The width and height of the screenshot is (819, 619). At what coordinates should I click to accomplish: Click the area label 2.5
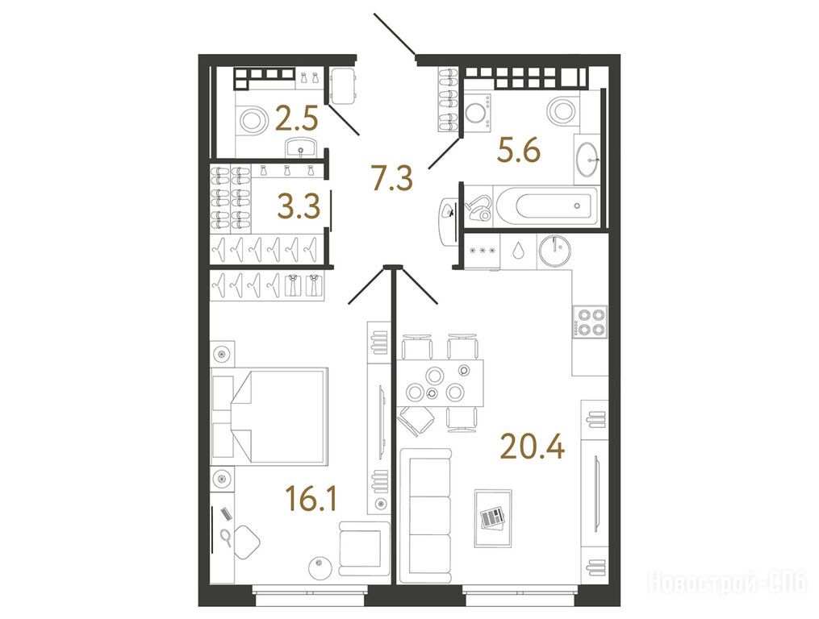pyautogui.click(x=296, y=121)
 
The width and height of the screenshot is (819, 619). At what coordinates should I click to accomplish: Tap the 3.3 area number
pyautogui.click(x=299, y=206)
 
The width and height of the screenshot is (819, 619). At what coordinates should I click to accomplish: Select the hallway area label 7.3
pyautogui.click(x=391, y=177)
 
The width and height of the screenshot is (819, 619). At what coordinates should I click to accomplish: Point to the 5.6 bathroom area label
pyautogui.click(x=519, y=152)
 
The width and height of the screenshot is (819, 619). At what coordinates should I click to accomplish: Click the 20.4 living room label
pyautogui.click(x=533, y=447)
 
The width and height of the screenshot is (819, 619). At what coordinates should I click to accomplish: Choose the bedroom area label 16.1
pyautogui.click(x=311, y=498)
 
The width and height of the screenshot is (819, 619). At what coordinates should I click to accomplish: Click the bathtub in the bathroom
pyautogui.click(x=545, y=206)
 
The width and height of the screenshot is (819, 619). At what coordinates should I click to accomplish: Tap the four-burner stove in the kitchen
pyautogui.click(x=590, y=322)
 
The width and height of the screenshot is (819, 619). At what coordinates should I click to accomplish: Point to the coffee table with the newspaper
pyautogui.click(x=492, y=518)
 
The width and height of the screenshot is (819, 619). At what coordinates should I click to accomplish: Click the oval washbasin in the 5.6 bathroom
pyautogui.click(x=587, y=158)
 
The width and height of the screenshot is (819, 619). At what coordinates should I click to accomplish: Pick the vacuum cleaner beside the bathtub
pyautogui.click(x=480, y=208)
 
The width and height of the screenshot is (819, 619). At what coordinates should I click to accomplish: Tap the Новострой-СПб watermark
pyautogui.click(x=727, y=582)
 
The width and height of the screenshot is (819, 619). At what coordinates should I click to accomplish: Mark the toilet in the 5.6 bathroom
pyautogui.click(x=561, y=110)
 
